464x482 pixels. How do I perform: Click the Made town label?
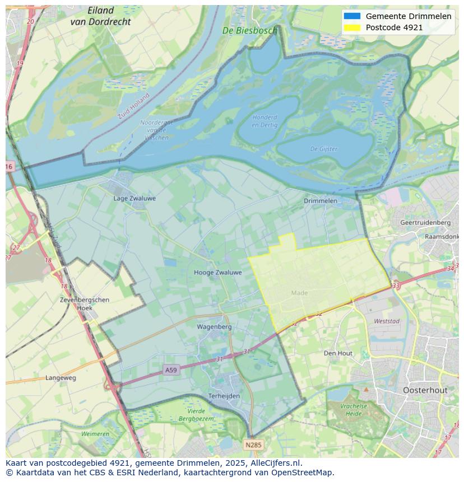299,293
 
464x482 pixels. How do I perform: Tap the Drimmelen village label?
321,200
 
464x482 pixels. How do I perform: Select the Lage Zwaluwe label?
134,198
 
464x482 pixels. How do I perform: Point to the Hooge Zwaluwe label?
218,273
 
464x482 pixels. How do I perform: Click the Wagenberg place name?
214,326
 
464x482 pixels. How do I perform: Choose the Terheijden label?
224,396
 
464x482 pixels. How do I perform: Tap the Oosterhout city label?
425,390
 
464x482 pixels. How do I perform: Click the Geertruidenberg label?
425,222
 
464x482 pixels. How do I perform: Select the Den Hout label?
338,353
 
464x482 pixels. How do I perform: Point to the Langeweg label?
61,378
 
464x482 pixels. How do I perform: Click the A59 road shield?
171,370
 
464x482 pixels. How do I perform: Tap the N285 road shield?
253,445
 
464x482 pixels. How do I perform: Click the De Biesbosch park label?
249,31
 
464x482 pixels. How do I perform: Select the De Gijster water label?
324,149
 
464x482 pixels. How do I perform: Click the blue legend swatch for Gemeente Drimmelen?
352,16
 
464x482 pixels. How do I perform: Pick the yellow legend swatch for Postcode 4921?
352,27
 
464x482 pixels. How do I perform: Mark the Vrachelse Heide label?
353,409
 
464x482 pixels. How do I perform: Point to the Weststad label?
387,321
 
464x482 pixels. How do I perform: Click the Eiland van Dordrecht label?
100,16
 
